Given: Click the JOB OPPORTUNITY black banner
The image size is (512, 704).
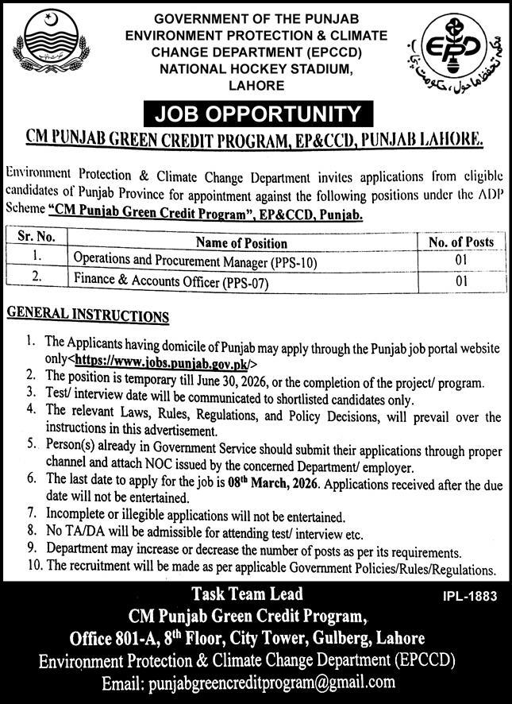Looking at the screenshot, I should [x=255, y=113].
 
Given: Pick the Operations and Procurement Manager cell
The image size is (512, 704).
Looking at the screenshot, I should [x=195, y=261].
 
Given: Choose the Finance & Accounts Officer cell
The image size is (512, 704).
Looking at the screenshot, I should [x=171, y=280].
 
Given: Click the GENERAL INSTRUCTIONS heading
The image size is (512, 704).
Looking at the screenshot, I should [x=88, y=315].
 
